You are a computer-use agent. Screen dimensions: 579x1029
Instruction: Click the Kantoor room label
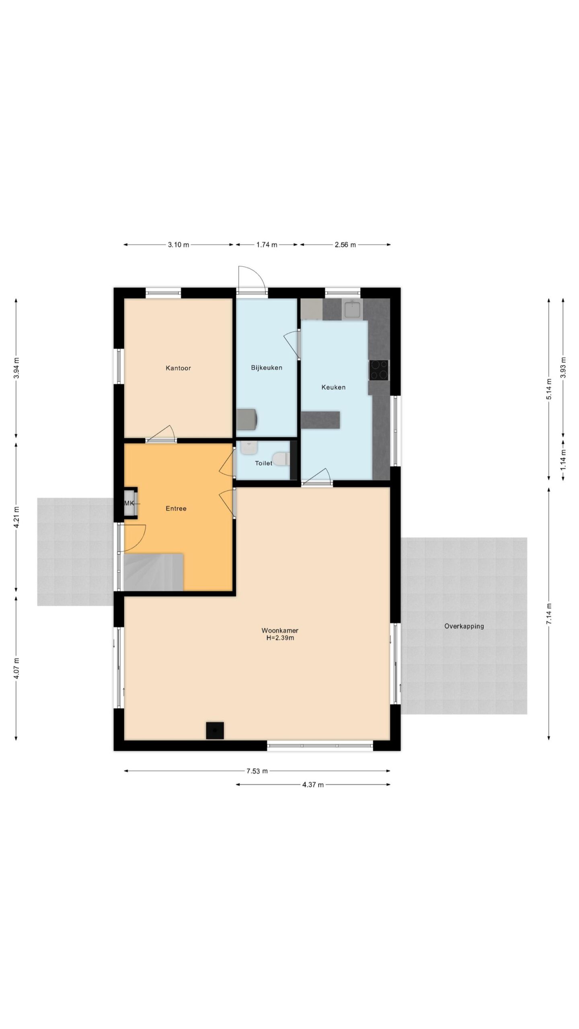pyautogui.click(x=178, y=368)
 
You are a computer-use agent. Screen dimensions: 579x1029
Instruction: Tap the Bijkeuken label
pyautogui.click(x=267, y=367)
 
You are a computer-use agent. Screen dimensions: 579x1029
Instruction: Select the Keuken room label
pyautogui.click(x=333, y=387)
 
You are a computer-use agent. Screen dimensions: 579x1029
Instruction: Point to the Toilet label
pyautogui.click(x=264, y=463)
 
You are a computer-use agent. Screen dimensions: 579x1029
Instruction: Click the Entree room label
pyautogui.click(x=176, y=508)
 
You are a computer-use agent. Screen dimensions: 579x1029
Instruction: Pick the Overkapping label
pyautogui.click(x=464, y=626)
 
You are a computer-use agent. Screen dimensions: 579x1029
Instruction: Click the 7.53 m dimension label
pyautogui.click(x=257, y=771)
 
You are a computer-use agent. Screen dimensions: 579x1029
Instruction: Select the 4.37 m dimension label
pyautogui.click(x=313, y=784)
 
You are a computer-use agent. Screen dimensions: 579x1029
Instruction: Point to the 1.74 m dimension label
pyautogui.click(x=267, y=244)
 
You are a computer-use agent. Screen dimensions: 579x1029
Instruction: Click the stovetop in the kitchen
pyautogui.click(x=379, y=370)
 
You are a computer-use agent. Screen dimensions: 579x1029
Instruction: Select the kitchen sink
pyautogui.click(x=352, y=309)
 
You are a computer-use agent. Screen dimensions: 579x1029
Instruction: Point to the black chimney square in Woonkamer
pyautogui.click(x=215, y=730)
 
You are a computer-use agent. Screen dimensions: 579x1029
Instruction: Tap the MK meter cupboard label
pyautogui.click(x=129, y=503)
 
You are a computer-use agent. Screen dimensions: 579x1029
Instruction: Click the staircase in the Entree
pyautogui.click(x=154, y=572)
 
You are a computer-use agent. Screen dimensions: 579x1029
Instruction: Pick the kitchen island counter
pyautogui.click(x=320, y=420)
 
